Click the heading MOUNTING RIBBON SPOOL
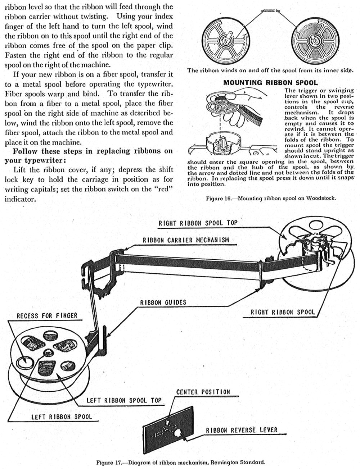270,83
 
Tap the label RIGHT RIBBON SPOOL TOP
198,223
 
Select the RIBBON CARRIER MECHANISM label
186,240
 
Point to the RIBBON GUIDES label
163,302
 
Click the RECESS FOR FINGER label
47,316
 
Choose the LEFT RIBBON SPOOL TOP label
124,400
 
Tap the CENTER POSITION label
203,392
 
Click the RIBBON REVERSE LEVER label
242,430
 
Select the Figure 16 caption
271,198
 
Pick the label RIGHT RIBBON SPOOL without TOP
283,312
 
